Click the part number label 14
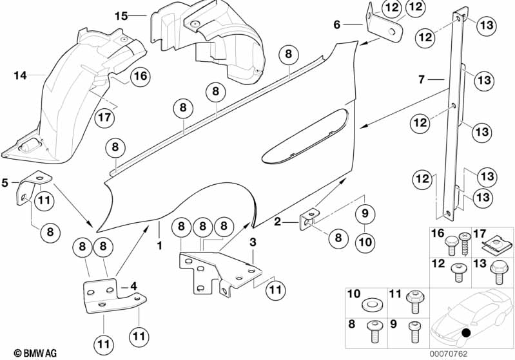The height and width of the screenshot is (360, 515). click(21, 76)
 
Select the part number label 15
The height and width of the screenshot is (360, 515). click(121, 15)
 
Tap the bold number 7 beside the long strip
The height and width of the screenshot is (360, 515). click(421, 80)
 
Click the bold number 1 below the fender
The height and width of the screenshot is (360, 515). click(158, 245)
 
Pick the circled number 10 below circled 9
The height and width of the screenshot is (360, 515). click(364, 242)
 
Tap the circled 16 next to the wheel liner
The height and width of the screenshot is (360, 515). click(141, 77)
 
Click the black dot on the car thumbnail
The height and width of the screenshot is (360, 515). click(466, 333)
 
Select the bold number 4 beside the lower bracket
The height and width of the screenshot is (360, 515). click(133, 286)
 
